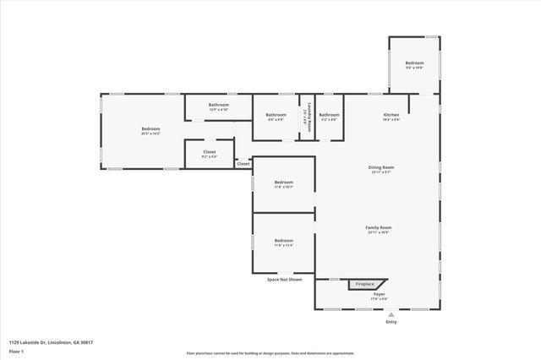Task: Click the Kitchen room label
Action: (x=391, y=114)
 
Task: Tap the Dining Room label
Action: (x=381, y=167)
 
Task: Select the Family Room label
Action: (x=379, y=227)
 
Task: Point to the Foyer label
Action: (x=379, y=294)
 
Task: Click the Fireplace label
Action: (x=364, y=284)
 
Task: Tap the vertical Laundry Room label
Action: (x=309, y=117)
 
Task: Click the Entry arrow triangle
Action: (x=391, y=314)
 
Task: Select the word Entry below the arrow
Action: (x=391, y=322)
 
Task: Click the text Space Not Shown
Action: (x=284, y=279)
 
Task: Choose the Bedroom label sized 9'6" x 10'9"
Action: (x=414, y=63)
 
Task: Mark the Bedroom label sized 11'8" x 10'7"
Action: (x=284, y=183)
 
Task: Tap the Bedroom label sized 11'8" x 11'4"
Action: (x=284, y=242)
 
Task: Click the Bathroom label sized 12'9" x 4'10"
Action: (x=219, y=105)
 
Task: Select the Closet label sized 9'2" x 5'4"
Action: (x=209, y=152)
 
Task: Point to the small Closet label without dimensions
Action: (x=243, y=163)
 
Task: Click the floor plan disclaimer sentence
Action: (x=270, y=353)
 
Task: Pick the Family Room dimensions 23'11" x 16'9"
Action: (x=379, y=232)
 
